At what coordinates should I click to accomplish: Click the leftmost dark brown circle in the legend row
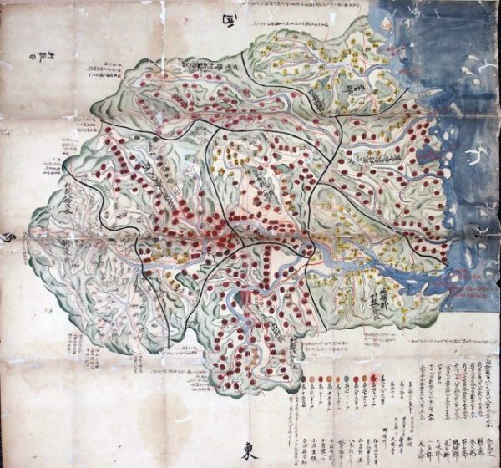(x=311, y=380)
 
